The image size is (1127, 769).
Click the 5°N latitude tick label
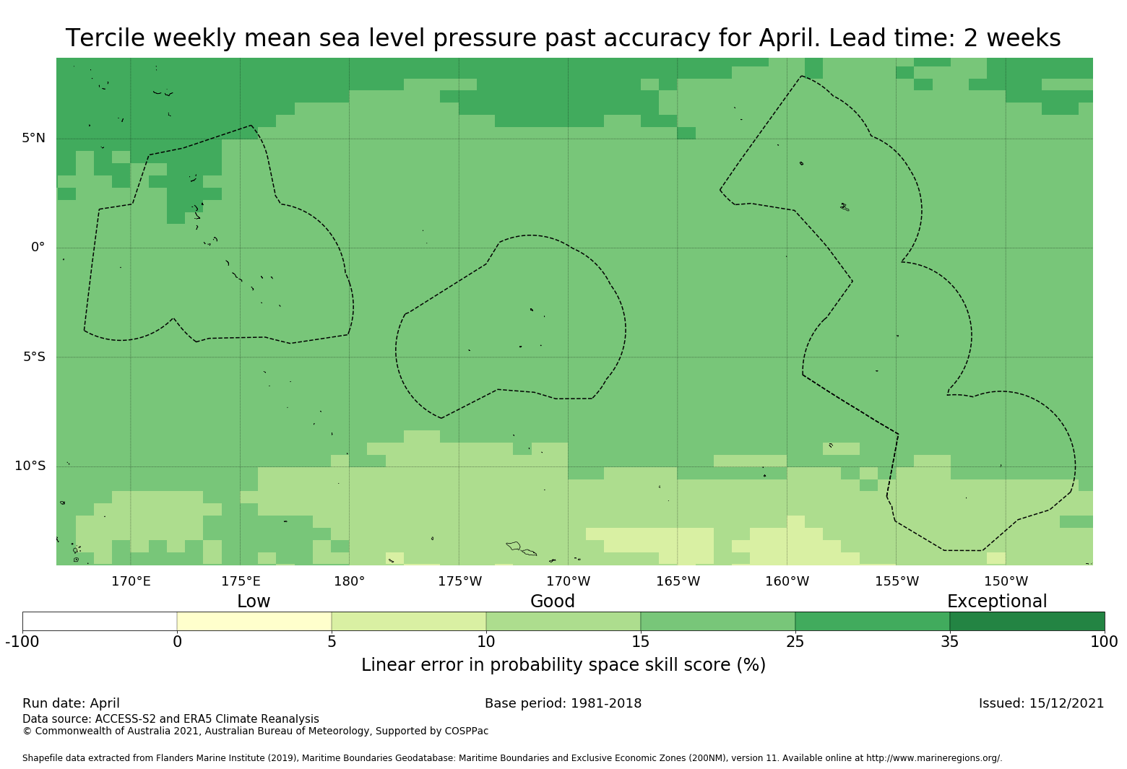point(33,138)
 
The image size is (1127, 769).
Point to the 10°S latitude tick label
point(30,466)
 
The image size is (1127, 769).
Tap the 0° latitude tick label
point(38,247)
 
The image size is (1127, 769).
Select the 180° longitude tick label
point(349,581)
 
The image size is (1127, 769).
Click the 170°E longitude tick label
point(131,581)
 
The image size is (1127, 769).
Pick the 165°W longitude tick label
point(678,581)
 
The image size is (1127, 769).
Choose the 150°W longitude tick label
point(1006,581)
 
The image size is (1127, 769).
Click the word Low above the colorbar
point(254,601)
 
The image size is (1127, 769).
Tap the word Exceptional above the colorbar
point(997,601)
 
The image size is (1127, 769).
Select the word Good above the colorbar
point(553,601)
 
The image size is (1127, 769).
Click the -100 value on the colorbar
point(22,642)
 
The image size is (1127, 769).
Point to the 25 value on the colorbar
point(795,642)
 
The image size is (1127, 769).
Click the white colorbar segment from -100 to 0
point(100,622)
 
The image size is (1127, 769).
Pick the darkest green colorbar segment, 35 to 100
point(1027,622)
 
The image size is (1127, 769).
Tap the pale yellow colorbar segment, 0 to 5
point(254,622)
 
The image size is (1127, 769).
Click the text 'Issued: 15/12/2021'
point(1041,703)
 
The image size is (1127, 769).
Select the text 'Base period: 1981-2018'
point(563,703)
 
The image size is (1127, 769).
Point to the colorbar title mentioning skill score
point(563,665)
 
